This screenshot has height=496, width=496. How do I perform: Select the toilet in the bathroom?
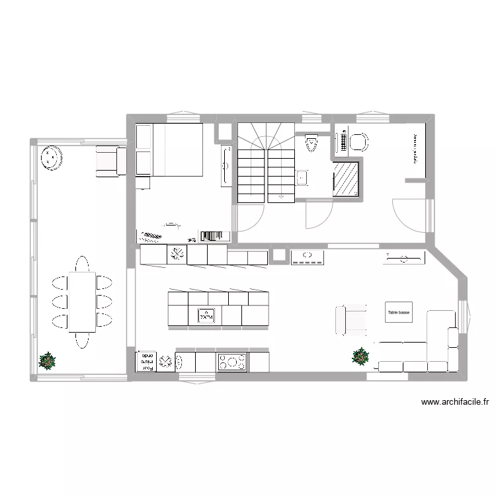click(x=312, y=143)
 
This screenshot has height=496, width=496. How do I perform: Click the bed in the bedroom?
click(x=169, y=149)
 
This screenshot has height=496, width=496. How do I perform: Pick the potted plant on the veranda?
click(x=48, y=360)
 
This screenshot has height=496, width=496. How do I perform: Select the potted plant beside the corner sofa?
click(x=360, y=356)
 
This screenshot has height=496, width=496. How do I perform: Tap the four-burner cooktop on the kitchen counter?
click(x=232, y=362)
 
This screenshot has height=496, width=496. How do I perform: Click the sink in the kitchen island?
click(x=208, y=316)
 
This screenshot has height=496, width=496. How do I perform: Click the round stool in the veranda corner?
click(x=50, y=159)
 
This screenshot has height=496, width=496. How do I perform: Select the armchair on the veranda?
click(x=110, y=161)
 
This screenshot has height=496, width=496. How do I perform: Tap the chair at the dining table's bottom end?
click(x=81, y=340)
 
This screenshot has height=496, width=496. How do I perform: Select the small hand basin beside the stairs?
click(x=302, y=177)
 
